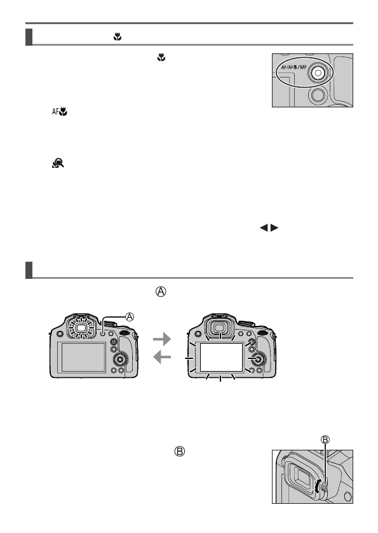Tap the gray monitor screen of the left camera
[83, 358]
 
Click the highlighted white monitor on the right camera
[220, 358]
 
